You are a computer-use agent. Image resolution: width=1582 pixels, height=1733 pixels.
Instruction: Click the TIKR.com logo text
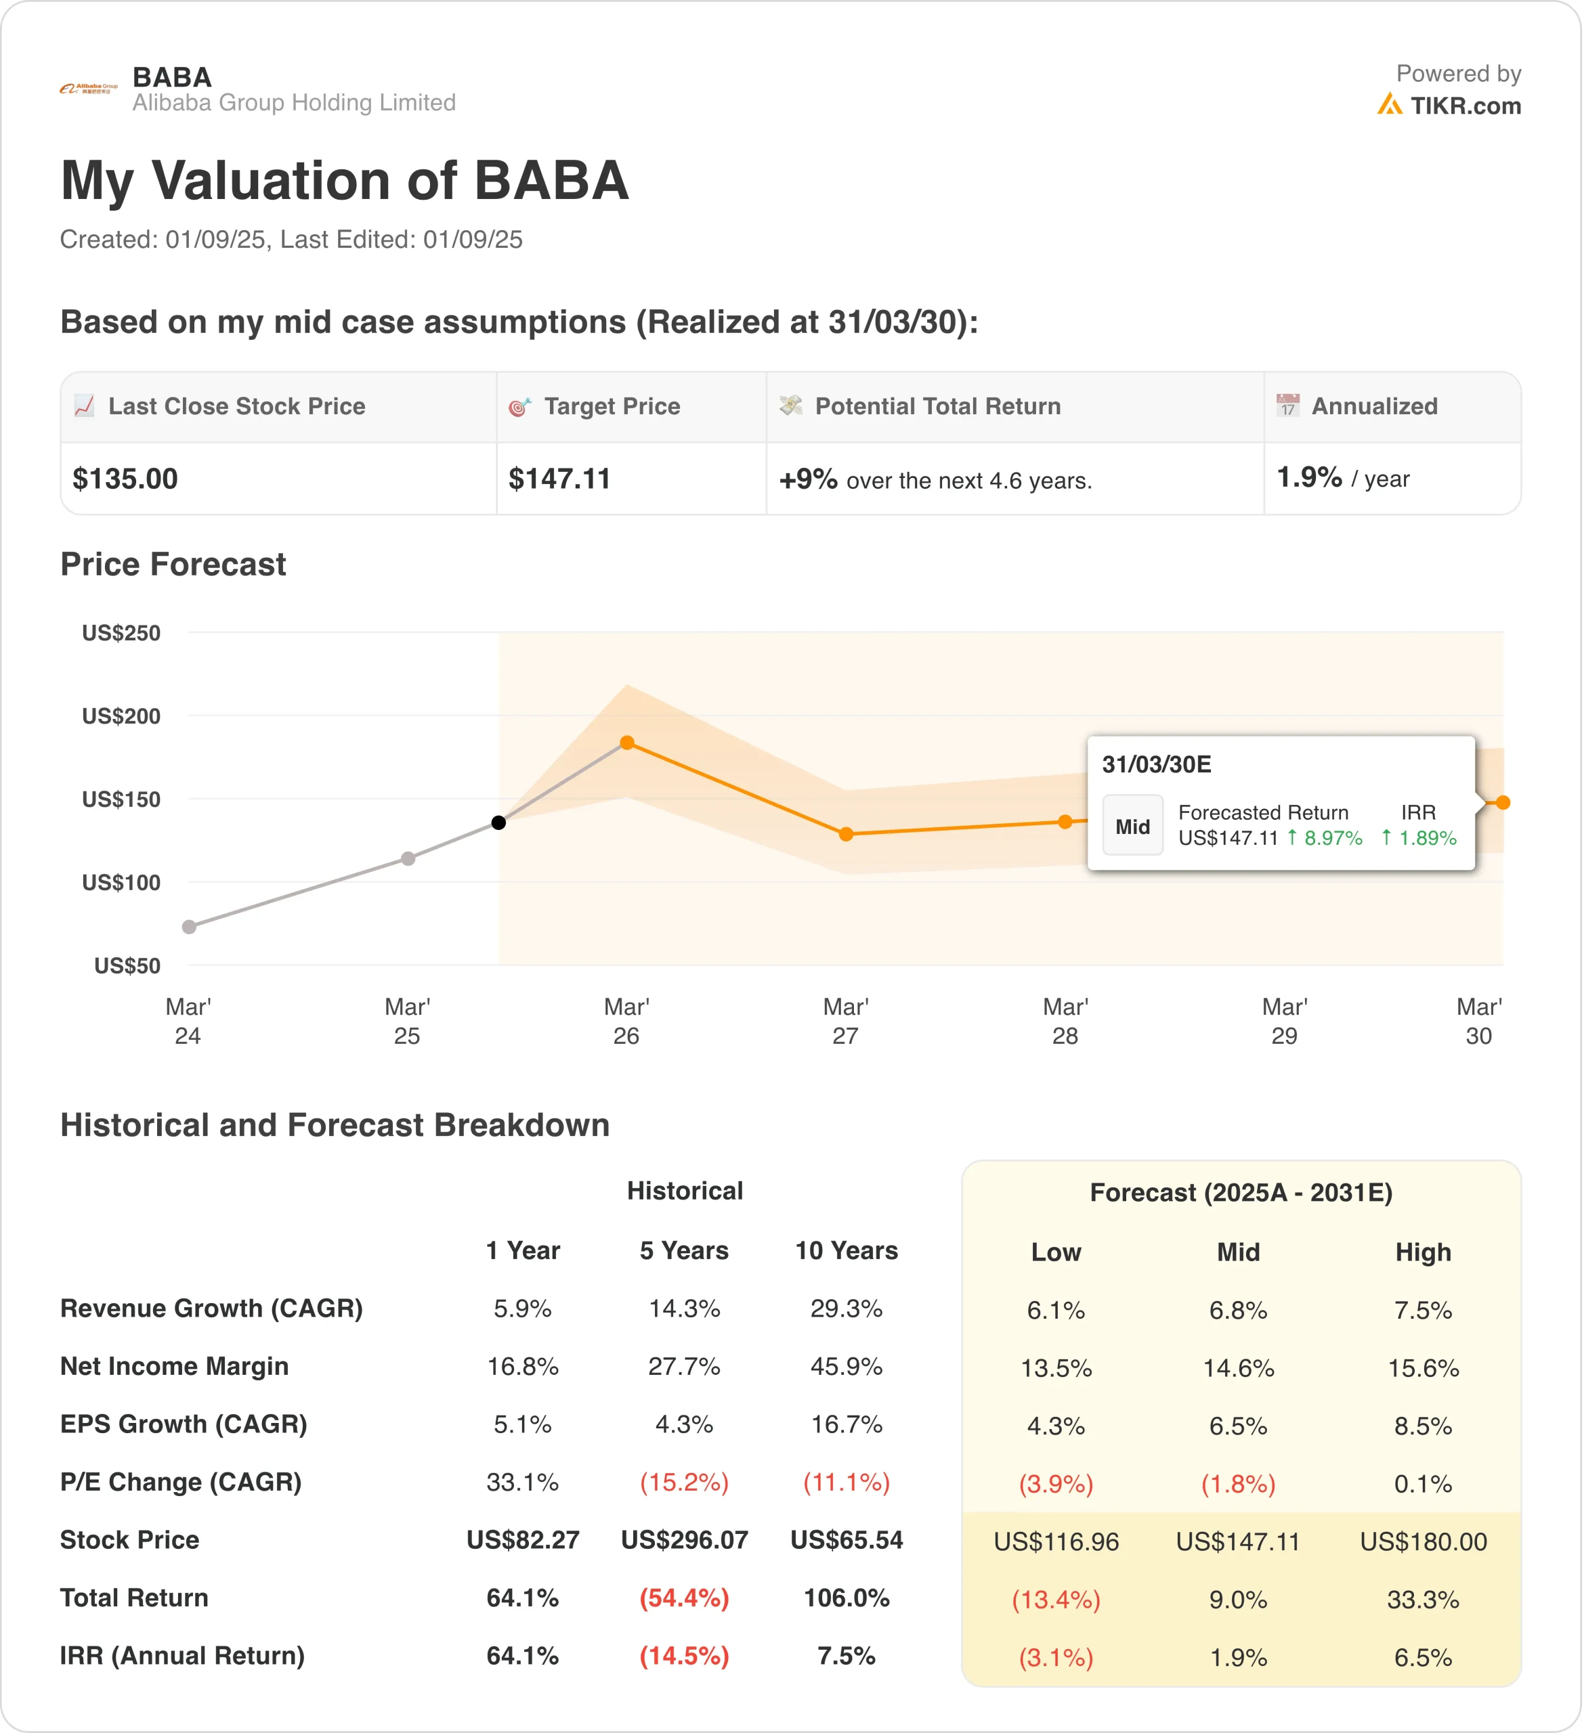(1464, 106)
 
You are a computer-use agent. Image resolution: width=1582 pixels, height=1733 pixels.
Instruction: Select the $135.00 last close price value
(125, 479)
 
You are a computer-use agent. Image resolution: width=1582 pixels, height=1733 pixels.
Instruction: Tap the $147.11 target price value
(559, 479)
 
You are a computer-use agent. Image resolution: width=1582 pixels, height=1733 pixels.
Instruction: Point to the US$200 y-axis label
(121, 716)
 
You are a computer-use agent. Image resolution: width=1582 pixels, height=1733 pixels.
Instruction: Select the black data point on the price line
(498, 822)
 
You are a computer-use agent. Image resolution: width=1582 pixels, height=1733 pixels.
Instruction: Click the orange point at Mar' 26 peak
(627, 743)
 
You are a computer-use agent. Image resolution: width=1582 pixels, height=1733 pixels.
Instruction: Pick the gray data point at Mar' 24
(189, 927)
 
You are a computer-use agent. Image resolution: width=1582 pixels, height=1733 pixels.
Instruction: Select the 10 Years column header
(846, 1251)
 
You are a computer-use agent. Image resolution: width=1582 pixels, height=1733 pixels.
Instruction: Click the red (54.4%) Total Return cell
(685, 1598)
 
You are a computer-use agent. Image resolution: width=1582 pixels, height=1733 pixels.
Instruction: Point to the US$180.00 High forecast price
(1423, 1541)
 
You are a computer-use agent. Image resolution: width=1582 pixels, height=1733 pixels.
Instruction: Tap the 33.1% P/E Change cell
(523, 1482)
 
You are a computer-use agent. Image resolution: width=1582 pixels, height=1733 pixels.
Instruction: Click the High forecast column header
(1423, 1252)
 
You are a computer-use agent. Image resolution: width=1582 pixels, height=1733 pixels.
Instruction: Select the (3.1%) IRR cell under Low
(1056, 1657)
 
